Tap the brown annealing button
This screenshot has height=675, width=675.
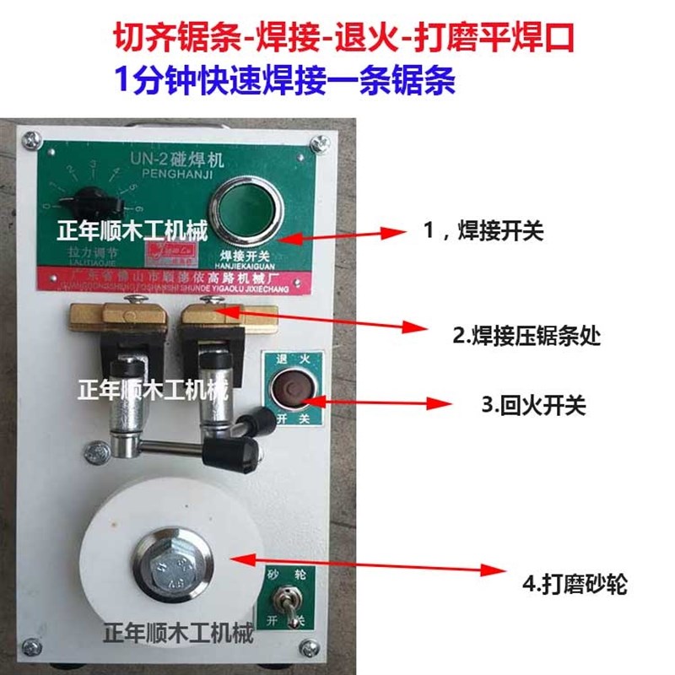pos(292,389)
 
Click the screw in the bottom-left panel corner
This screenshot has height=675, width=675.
pos(31,645)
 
